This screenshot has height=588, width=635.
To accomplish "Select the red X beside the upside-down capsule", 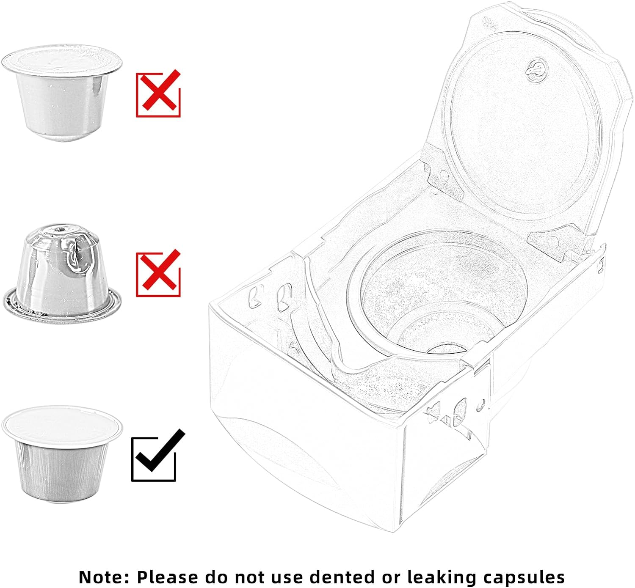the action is (160, 270).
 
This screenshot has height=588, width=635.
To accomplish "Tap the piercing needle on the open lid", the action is (536, 70).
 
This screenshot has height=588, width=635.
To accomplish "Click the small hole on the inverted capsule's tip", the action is (60, 229).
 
